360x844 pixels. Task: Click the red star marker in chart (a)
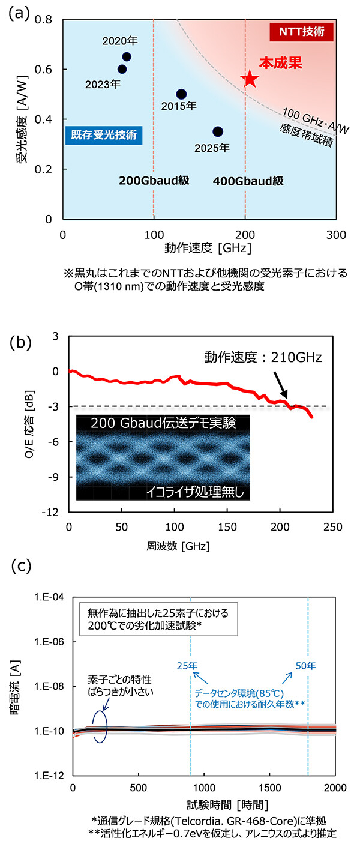point(250,79)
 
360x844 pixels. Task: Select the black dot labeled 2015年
point(181,94)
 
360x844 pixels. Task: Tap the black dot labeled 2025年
point(218,131)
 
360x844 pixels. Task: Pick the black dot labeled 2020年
point(127,57)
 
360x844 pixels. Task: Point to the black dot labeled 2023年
point(122,69)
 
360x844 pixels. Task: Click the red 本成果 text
point(278,62)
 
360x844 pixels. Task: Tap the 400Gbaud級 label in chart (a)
point(248,181)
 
